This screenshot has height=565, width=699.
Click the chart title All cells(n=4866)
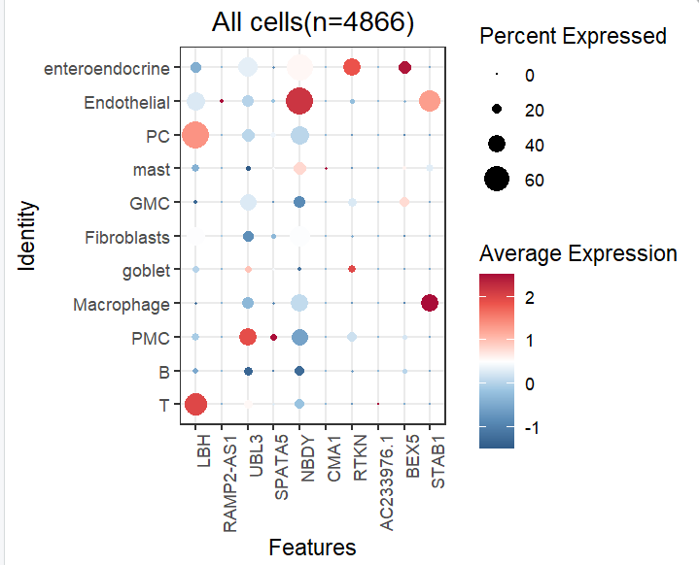tap(312, 23)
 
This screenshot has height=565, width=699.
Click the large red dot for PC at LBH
tap(195, 135)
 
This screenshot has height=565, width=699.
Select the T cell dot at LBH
tap(195, 404)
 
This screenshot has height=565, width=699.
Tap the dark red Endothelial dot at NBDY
tap(299, 101)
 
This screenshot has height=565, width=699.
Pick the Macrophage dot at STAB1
tap(430, 304)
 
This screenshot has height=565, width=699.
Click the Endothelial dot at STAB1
tap(430, 101)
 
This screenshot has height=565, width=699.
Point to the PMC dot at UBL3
tap(248, 337)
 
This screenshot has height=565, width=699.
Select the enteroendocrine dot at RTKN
tap(352, 67)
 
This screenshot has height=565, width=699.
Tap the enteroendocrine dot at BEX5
tap(404, 67)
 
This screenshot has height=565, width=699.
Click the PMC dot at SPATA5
tap(274, 337)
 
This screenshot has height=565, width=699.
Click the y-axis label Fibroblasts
tap(127, 237)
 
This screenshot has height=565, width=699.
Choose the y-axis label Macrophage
tap(122, 305)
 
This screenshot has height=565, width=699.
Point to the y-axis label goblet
tap(146, 271)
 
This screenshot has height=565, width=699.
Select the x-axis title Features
tap(312, 548)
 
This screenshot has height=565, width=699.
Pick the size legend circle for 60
tap(497, 180)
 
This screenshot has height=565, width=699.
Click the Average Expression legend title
tap(578, 254)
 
